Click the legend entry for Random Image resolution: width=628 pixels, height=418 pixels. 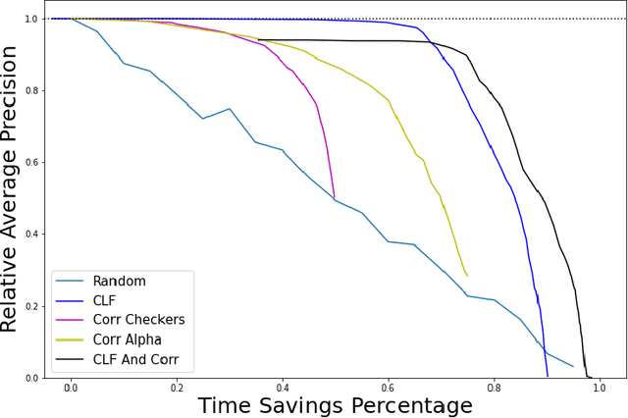[x=118, y=282]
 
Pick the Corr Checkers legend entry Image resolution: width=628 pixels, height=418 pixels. [x=137, y=321]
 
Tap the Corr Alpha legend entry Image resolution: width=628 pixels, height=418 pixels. [x=128, y=340]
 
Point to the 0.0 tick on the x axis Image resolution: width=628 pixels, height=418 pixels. [x=71, y=389]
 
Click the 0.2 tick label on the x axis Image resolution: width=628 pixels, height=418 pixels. [x=177, y=389]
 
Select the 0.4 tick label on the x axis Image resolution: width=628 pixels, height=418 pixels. [x=283, y=389]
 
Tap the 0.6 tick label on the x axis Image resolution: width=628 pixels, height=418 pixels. [x=388, y=389]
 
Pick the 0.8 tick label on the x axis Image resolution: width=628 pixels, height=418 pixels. [x=494, y=389]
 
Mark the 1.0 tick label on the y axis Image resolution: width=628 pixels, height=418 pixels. [x=30, y=19]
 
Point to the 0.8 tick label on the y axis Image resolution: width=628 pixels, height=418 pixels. [x=30, y=90]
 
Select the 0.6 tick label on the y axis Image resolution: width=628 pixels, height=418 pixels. [x=30, y=162]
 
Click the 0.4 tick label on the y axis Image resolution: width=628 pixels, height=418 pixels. [x=30, y=235]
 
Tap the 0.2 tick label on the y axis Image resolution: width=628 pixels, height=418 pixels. [x=30, y=306]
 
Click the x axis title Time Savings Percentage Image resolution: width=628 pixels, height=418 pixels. [x=335, y=405]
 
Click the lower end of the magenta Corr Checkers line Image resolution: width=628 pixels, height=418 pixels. [x=335, y=197]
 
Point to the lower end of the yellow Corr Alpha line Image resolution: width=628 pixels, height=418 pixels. [x=467, y=276]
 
